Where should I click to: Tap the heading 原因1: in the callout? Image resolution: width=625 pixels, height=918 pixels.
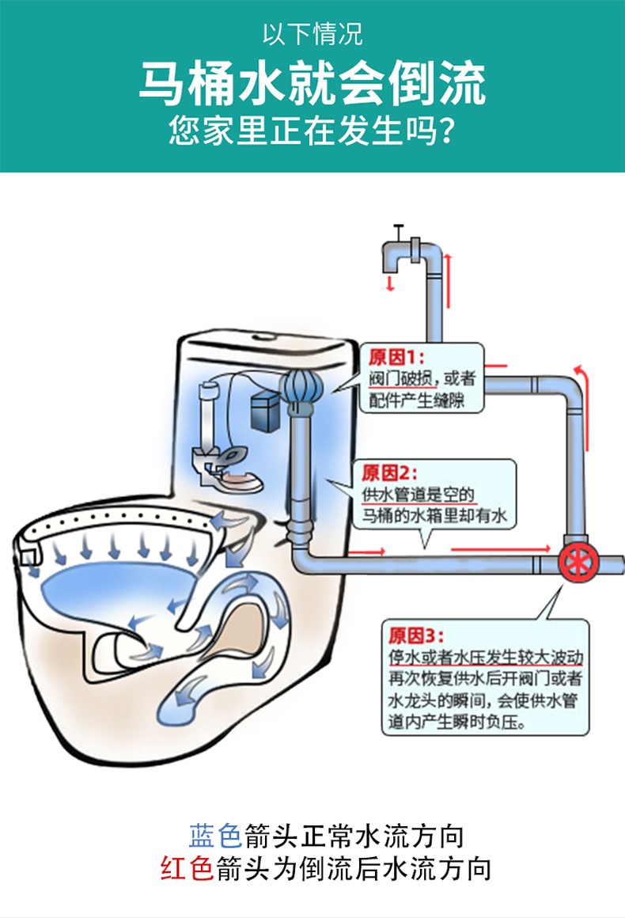(396, 356)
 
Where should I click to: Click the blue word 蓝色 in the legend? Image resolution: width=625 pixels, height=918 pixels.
(214, 835)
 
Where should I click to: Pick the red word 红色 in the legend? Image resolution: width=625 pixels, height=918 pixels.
(187, 868)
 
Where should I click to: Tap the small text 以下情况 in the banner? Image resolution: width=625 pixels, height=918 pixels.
(312, 35)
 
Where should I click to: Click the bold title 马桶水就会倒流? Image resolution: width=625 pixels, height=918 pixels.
(312, 85)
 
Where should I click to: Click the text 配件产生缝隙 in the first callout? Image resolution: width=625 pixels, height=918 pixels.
(416, 401)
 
